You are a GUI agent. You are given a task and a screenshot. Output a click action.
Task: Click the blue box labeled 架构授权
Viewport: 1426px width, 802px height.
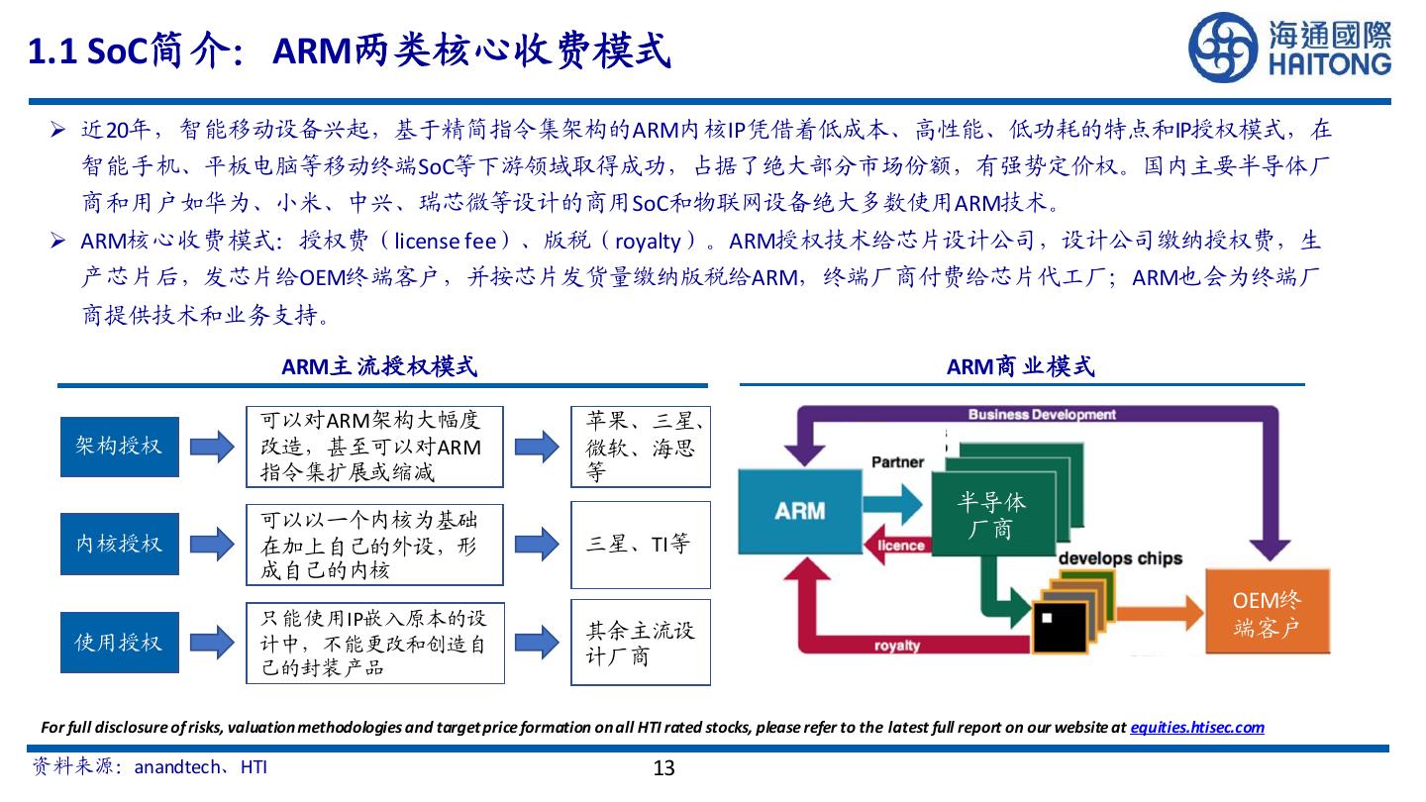(119, 447)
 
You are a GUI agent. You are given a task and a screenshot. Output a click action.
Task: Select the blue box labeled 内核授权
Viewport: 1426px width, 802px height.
(119, 544)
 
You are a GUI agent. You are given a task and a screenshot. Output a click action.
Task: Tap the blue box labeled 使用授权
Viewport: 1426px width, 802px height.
(119, 643)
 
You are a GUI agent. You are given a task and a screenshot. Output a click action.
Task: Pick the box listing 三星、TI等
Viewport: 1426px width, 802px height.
(640, 544)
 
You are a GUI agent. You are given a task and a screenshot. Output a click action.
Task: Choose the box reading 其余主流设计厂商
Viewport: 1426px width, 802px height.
(640, 643)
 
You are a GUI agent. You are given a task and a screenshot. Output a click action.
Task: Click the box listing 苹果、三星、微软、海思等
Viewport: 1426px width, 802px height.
(640, 447)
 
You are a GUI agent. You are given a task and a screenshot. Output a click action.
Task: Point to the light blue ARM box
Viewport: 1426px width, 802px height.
(800, 511)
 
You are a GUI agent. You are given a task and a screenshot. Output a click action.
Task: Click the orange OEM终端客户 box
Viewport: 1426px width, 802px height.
(1267, 613)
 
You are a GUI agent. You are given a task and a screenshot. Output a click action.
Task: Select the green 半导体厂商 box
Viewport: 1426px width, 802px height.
(990, 515)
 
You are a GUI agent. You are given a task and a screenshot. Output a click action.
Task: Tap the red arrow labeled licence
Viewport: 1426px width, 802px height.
(899, 546)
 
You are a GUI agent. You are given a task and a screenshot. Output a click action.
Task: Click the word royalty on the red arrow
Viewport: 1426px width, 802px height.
(897, 646)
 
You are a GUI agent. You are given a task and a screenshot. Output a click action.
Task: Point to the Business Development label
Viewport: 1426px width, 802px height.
(1041, 415)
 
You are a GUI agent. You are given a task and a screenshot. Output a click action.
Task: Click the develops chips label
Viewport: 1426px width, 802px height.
(1120, 558)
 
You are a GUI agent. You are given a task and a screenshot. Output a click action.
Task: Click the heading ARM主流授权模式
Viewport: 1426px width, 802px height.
(379, 367)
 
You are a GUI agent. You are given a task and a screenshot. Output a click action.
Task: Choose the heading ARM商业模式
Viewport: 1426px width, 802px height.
(1020, 367)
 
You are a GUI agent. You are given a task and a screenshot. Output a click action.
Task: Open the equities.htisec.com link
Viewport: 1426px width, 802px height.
(1196, 728)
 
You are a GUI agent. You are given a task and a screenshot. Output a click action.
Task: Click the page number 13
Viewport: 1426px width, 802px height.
(663, 768)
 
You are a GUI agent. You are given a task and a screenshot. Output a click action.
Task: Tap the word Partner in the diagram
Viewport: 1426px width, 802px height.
(897, 462)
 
